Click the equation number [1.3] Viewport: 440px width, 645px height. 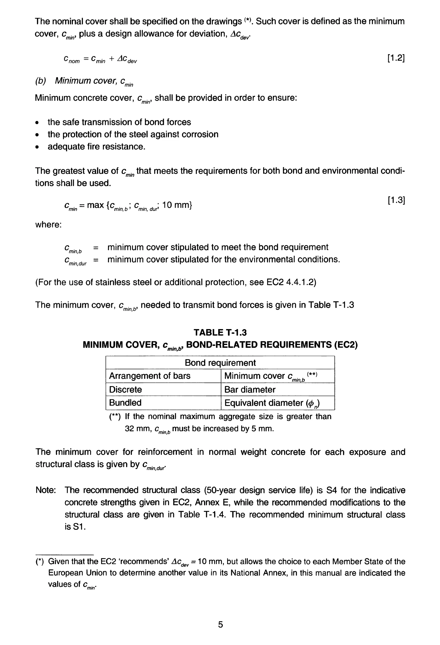click(x=396, y=200)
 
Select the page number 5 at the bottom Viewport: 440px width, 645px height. click(x=220, y=624)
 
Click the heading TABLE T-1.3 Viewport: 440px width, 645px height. click(x=220, y=332)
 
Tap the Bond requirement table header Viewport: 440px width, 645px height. click(x=220, y=363)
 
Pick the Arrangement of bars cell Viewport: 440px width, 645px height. click(x=150, y=376)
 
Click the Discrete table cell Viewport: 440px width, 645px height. click(x=125, y=389)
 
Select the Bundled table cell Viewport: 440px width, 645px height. click(x=125, y=403)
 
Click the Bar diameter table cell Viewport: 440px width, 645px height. click(x=250, y=389)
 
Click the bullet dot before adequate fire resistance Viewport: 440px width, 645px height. click(x=37, y=147)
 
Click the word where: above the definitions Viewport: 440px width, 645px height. click(x=48, y=224)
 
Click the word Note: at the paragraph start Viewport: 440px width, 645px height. click(x=46, y=490)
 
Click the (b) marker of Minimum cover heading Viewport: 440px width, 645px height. click(x=41, y=81)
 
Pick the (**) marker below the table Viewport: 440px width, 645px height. click(x=115, y=417)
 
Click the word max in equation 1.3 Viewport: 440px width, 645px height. click(x=95, y=205)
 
